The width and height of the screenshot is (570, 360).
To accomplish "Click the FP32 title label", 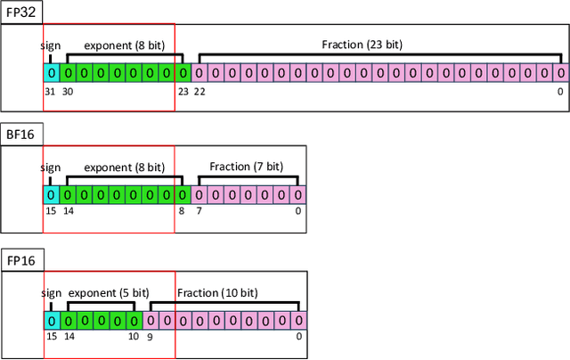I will tap(21, 12).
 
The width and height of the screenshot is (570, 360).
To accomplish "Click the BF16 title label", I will tap(21, 135).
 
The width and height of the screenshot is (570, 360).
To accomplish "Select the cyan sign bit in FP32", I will tap(52, 72).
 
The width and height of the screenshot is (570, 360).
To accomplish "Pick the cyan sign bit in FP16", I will tap(52, 319).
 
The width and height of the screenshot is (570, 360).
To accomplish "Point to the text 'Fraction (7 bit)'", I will tap(246, 167).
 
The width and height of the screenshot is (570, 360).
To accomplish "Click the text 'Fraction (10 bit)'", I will tap(217, 291).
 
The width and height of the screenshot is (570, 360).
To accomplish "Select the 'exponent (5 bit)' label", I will tap(108, 291).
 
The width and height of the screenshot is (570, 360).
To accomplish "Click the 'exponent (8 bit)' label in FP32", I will tap(124, 44).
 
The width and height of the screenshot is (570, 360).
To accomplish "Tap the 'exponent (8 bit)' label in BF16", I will tap(124, 167).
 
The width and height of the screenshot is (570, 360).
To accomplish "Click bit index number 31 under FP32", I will tap(51, 90).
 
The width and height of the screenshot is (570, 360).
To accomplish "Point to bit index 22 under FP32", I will tap(199, 90).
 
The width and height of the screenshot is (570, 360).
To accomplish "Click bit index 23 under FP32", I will tap(183, 90).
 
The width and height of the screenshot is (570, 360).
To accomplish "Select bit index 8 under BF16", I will tap(182, 212).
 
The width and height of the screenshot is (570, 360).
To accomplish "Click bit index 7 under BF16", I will tap(199, 212).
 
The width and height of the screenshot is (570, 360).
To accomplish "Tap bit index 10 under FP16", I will tap(133, 336).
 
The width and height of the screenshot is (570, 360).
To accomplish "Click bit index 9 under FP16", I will tap(151, 336).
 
